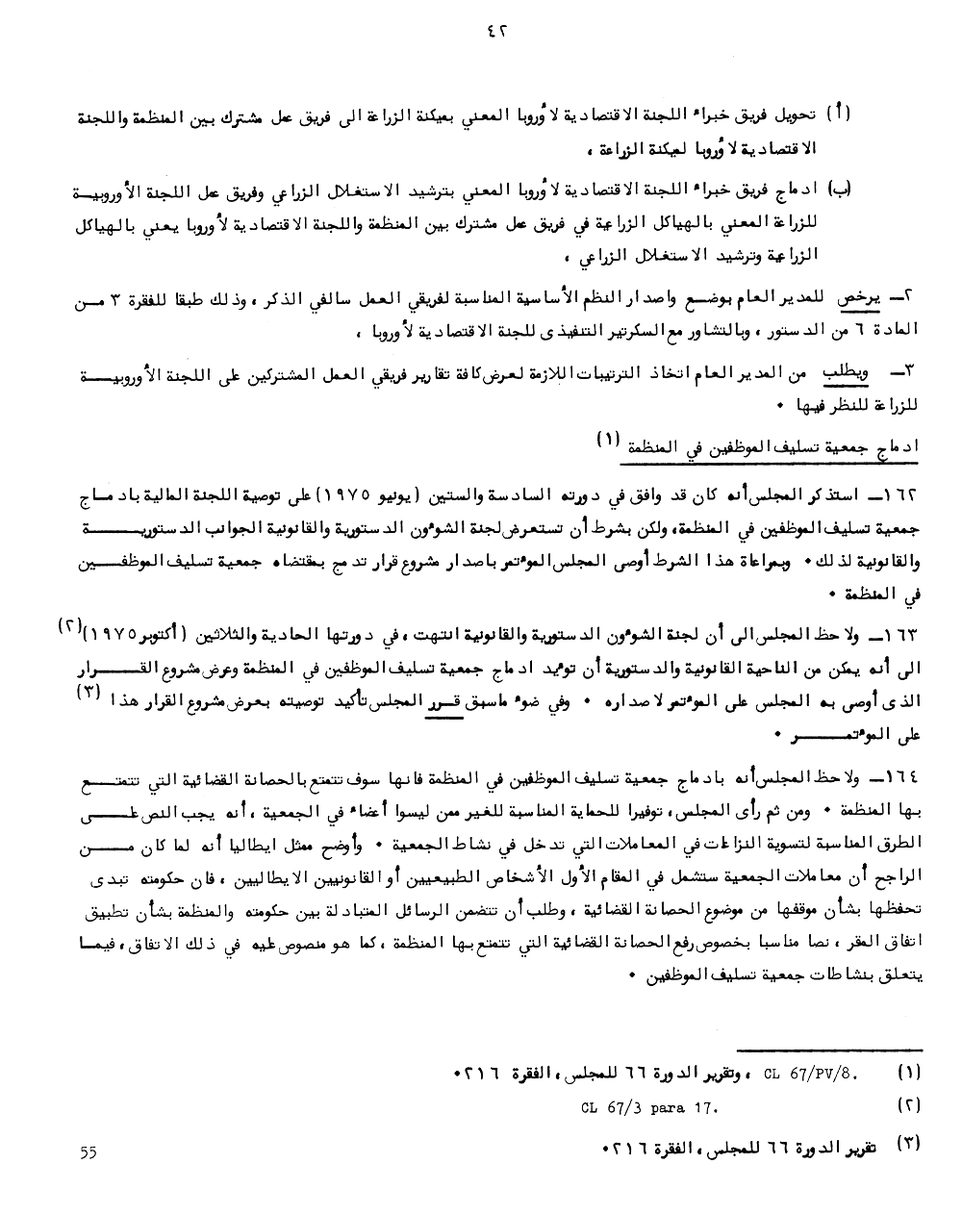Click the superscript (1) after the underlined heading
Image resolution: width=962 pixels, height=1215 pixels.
pos(609,440)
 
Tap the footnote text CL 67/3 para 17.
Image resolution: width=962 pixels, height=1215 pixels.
pos(650,1107)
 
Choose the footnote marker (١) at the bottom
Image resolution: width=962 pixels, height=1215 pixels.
pos(908,1071)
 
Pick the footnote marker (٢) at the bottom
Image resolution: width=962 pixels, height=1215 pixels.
pos(908,1107)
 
